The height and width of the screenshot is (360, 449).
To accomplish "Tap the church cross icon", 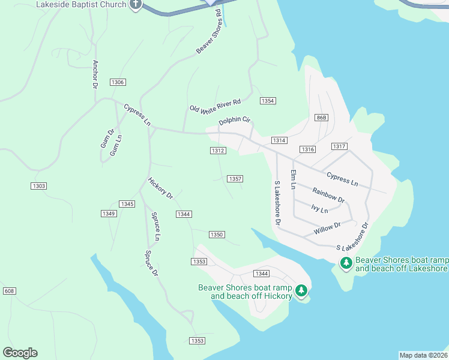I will click(x=136, y=5).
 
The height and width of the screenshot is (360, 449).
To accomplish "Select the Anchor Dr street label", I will click(x=95, y=74).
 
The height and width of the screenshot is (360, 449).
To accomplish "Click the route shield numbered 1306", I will click(x=118, y=82).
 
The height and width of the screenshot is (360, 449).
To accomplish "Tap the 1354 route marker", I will click(x=268, y=100).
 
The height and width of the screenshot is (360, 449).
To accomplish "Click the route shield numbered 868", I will click(x=321, y=118).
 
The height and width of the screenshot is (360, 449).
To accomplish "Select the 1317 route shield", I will click(x=339, y=146).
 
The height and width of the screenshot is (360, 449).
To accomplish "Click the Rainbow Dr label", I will click(x=328, y=195).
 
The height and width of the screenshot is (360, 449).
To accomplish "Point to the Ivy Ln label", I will click(x=320, y=209).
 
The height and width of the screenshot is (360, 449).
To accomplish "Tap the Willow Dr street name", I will click(x=327, y=229).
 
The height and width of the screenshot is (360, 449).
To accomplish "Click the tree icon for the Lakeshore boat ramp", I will click(x=346, y=263).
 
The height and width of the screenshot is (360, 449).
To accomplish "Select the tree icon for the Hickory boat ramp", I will click(x=301, y=291).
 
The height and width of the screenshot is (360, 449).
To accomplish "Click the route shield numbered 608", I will click(x=9, y=291).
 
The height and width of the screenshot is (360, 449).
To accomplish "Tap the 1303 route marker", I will click(x=39, y=187).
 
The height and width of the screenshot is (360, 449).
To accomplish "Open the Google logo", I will click(x=20, y=353).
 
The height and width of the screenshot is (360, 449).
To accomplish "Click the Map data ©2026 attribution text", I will click(x=423, y=355).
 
